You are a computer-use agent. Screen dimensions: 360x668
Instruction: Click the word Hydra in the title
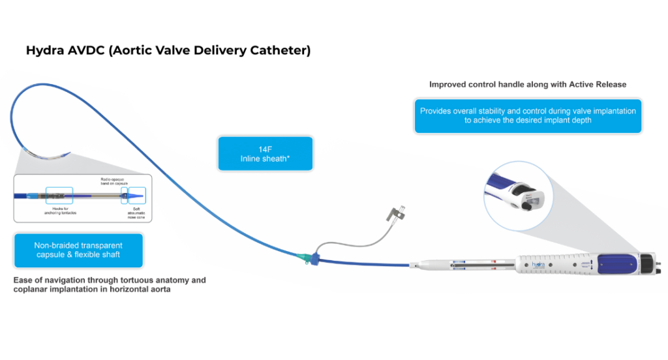click(x=44, y=50)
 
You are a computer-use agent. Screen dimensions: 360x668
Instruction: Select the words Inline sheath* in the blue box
click(x=265, y=158)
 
